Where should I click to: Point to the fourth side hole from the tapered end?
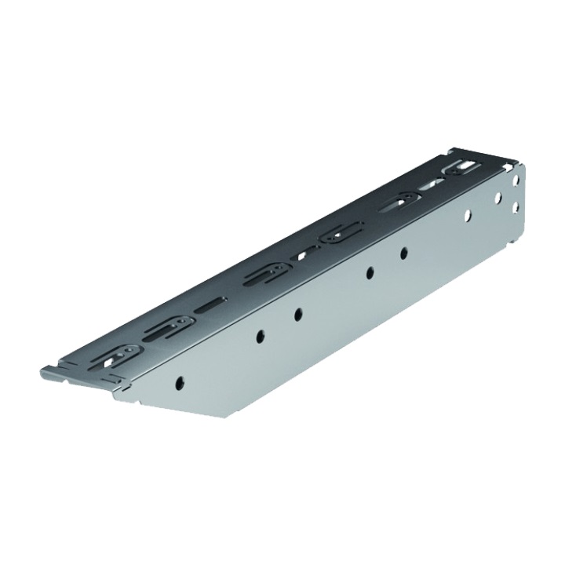click(368, 274)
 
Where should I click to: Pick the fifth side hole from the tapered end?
click(403, 253)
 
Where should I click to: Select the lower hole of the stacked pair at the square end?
click(516, 206)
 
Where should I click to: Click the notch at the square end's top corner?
click(452, 151)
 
